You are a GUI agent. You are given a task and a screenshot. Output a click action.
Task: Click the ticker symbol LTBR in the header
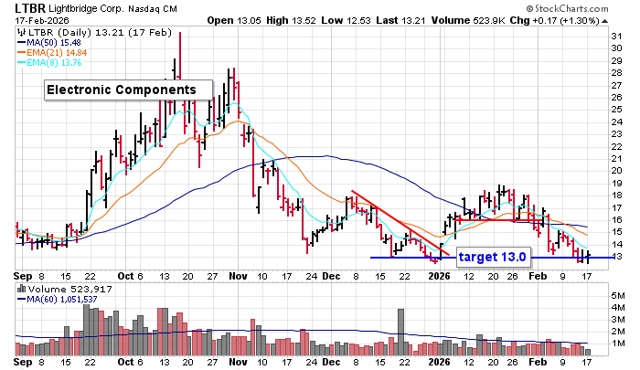[23, 7]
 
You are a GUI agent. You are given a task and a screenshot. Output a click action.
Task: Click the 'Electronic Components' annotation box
[121, 90]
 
